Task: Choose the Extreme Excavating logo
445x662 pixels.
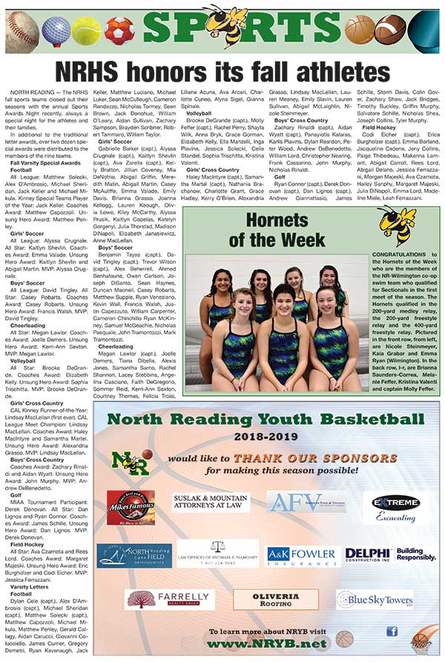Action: (x=395, y=507)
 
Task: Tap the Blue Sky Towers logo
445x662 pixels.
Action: (x=374, y=598)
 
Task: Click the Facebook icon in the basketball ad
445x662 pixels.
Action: (x=391, y=632)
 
